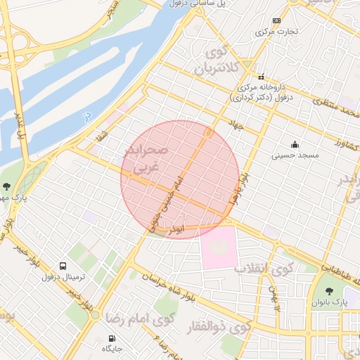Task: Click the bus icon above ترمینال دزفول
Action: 63,266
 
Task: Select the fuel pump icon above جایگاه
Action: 112,338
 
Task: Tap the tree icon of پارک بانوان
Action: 328,291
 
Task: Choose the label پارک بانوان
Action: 329,302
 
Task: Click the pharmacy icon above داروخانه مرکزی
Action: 261,77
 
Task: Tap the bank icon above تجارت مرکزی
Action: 276,21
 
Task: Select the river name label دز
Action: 86,115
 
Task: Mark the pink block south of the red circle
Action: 219,246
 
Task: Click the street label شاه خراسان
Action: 166,283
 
